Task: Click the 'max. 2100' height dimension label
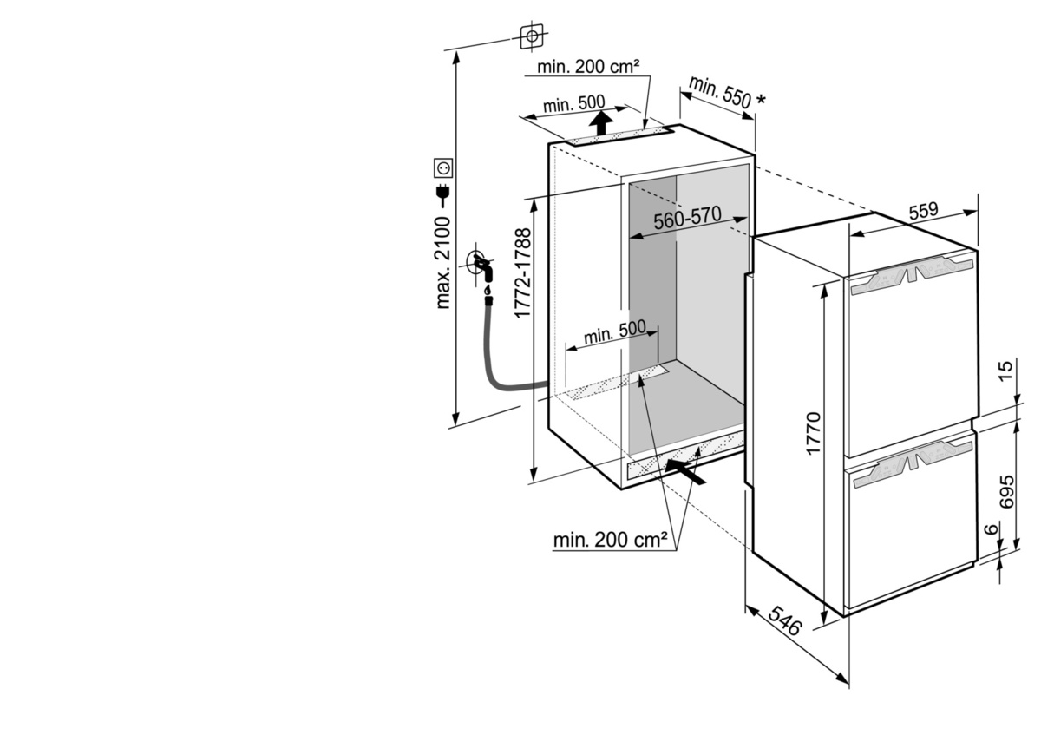[443, 263]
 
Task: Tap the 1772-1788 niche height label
[523, 273]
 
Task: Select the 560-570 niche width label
[687, 218]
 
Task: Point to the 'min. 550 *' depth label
[727, 94]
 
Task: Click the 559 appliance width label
[923, 211]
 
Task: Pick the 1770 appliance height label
[815, 433]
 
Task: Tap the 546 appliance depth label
[785, 621]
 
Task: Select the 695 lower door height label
[1006, 491]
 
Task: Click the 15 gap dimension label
[1005, 371]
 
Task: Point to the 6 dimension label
[992, 529]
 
